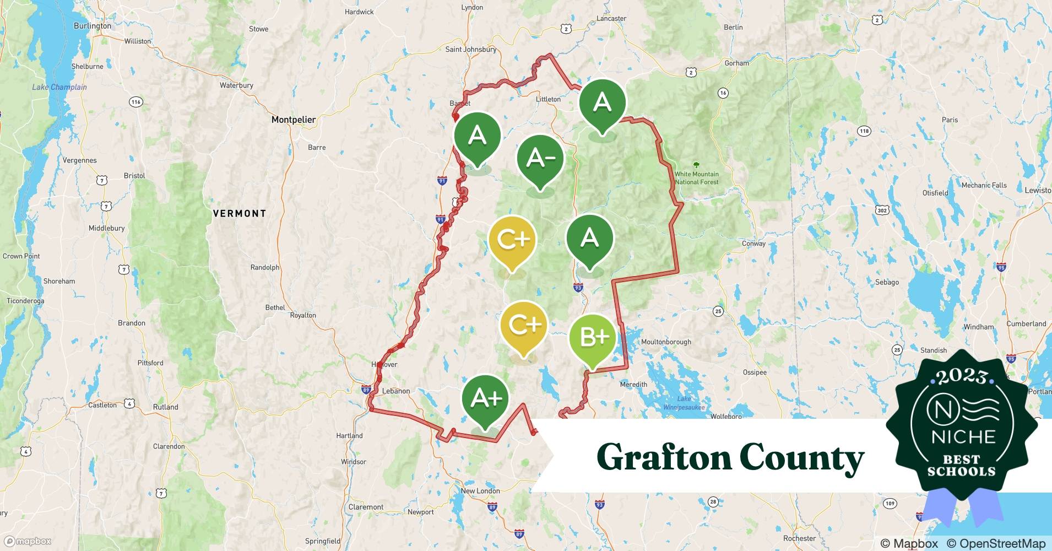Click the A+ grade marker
point(485,398)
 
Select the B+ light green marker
point(592,337)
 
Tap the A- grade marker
point(540,159)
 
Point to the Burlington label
point(92,26)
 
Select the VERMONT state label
point(240,213)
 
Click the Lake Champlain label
point(59,87)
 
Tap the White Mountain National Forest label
point(697,177)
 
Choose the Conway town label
point(753,243)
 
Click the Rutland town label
point(165,407)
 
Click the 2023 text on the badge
point(961,377)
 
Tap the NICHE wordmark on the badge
point(963,437)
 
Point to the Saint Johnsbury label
point(471,50)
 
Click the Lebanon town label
point(395,391)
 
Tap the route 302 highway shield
point(882,210)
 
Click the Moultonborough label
point(665,342)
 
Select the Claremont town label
point(366,507)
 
